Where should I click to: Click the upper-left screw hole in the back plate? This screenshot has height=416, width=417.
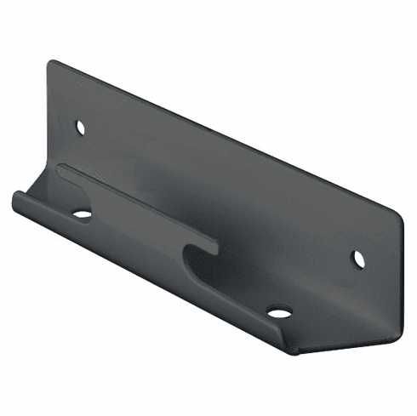point(81,127)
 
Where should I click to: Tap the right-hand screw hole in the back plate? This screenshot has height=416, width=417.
point(358,259)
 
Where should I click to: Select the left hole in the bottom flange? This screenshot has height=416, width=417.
point(82,214)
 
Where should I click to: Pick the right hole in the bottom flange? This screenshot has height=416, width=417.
point(278,312)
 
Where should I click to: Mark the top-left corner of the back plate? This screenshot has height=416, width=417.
point(51,61)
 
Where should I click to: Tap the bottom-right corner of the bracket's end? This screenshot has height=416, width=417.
point(393,320)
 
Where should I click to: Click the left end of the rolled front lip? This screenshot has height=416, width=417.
point(16,201)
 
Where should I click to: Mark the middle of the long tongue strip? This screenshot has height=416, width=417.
point(136,205)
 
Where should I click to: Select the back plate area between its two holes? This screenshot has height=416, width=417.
point(221,191)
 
